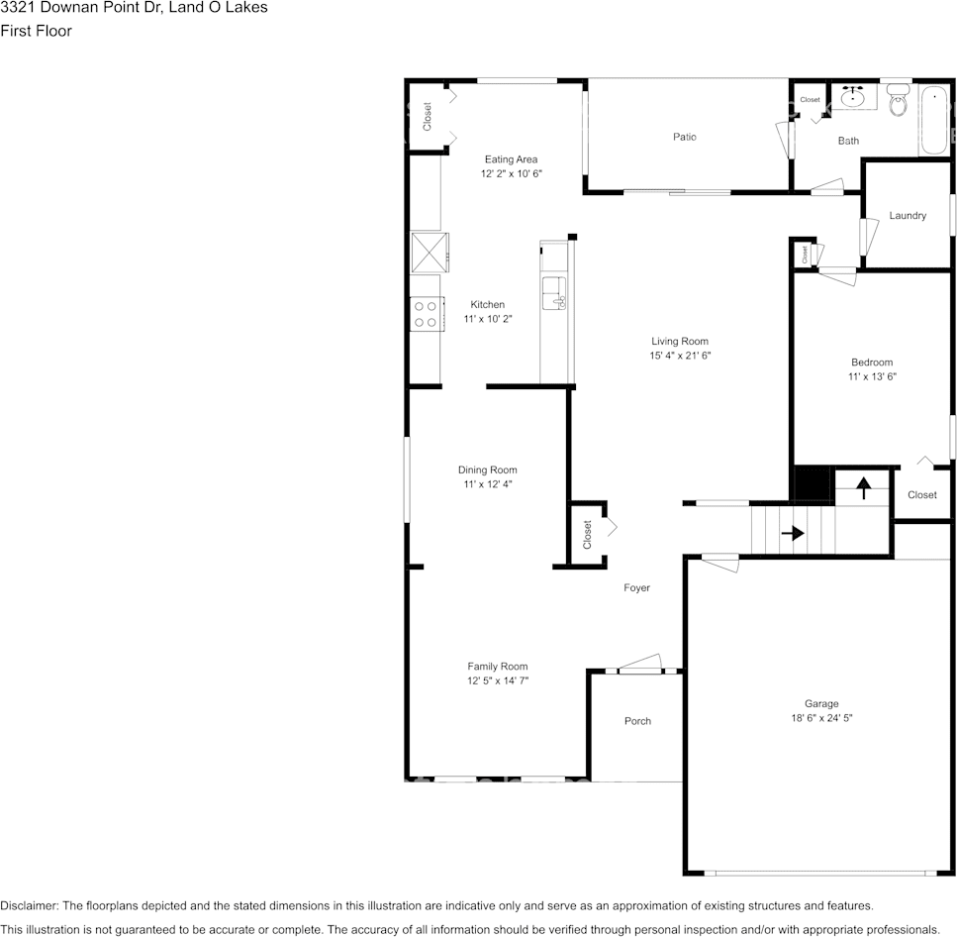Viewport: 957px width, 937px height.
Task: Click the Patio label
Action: [684, 137]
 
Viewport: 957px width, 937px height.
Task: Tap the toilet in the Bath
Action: [898, 100]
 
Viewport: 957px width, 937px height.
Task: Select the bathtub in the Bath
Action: [933, 121]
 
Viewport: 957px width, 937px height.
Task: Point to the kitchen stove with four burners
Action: [426, 315]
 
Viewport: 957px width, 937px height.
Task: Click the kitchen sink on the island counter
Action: [554, 294]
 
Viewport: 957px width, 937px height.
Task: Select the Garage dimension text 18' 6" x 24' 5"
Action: [820, 718]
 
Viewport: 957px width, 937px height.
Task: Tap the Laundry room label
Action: [907, 216]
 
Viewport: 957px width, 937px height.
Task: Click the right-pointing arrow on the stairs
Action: [793, 533]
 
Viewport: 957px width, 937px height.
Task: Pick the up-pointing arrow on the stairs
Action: [863, 487]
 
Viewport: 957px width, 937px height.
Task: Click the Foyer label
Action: [636, 588]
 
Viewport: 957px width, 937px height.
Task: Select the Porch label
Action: [637, 721]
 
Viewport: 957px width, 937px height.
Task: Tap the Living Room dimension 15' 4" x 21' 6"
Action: [680, 356]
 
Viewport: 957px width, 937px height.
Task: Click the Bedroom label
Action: [871, 363]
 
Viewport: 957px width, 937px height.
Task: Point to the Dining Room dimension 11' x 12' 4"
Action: [487, 484]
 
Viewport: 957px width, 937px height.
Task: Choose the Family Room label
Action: [498, 667]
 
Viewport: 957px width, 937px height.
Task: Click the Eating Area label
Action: [511, 159]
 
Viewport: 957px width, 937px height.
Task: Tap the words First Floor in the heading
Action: [36, 31]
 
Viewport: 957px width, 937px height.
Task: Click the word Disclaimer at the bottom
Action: [30, 905]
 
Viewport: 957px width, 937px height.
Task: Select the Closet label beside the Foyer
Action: [587, 535]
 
